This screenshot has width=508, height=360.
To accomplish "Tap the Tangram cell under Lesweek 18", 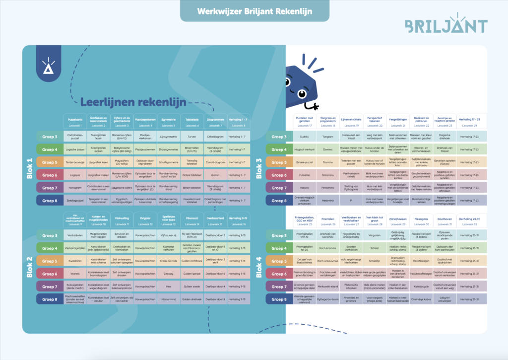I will click(327, 137).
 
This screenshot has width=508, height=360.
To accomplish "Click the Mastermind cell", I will click(168, 300).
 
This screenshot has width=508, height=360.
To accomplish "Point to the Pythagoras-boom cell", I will click(327, 300).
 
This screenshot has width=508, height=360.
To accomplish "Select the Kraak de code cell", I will click(168, 261).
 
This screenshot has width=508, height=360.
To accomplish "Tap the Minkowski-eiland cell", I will click(327, 287).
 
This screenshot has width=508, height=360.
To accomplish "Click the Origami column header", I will click(144, 219).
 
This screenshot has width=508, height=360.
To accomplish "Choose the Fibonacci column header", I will click(191, 219).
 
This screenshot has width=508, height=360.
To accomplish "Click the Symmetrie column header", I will click(168, 122).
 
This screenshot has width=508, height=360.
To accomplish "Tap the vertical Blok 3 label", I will click(258, 168).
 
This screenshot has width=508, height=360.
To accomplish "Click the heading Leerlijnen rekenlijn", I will click(133, 103).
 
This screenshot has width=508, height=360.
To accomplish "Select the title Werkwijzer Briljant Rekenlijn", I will click(254, 11).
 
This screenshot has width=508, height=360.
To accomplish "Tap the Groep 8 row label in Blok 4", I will click(278, 300).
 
